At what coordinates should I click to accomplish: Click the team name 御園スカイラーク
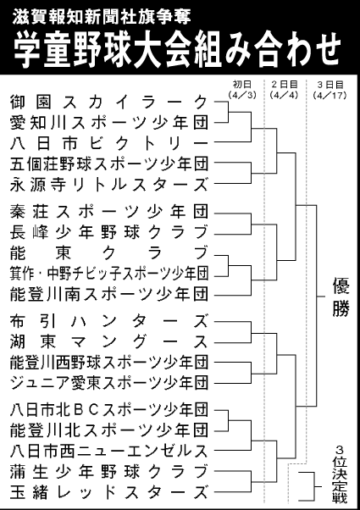click(x=108, y=102)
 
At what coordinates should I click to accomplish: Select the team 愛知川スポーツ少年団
click(x=108, y=122)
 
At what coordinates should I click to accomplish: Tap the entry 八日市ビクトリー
click(x=108, y=142)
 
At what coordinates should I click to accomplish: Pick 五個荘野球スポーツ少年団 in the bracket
click(x=108, y=163)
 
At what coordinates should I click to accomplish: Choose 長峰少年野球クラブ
click(x=108, y=232)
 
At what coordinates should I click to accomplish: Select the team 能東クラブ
click(x=108, y=252)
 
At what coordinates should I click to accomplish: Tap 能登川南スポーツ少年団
click(x=108, y=293)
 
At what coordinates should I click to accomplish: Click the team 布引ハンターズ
click(x=108, y=323)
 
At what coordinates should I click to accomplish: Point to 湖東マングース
click(x=108, y=342)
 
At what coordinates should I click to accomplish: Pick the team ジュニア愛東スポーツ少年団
click(x=108, y=382)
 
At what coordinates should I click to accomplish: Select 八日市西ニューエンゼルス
click(x=108, y=450)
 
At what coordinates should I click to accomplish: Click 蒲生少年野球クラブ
click(x=108, y=470)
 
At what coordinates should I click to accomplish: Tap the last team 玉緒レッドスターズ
click(x=108, y=491)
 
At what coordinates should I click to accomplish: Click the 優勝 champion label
click(x=341, y=297)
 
